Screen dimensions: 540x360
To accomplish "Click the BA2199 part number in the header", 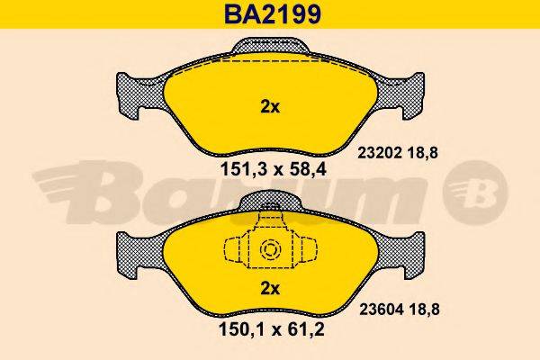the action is tap(273, 13).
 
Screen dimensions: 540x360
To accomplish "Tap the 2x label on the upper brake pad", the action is tap(270, 107).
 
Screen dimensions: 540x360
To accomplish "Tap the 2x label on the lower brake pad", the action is tap(270, 288).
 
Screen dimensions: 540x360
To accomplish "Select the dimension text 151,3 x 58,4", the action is tap(273, 169).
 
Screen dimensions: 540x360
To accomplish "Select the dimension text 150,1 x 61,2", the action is tap(272, 330).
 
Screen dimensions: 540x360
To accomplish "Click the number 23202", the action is tap(380, 153).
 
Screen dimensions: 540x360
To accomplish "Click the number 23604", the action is tap(382, 310).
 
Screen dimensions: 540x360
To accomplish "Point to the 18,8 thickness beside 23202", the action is tap(423, 153).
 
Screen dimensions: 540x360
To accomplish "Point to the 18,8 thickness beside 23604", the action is tap(425, 310).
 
